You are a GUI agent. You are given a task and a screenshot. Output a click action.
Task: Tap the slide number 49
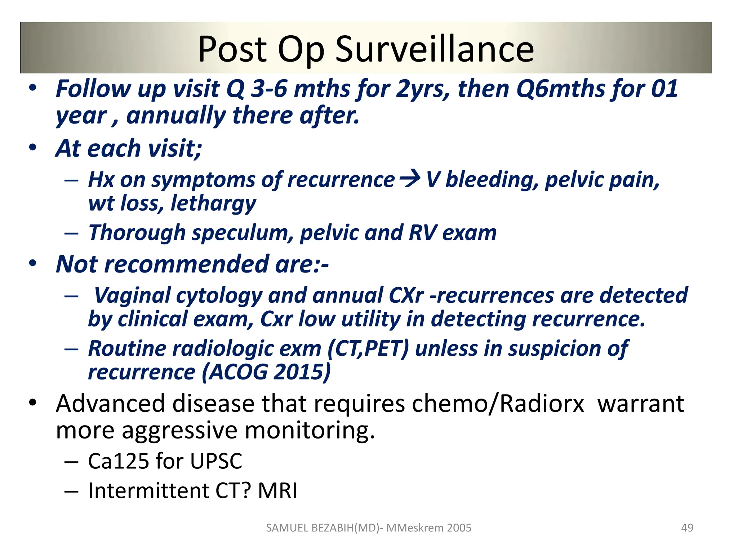point(687,527)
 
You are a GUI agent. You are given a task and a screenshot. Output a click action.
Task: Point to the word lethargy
point(213,204)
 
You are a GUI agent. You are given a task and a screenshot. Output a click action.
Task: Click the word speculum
point(243,233)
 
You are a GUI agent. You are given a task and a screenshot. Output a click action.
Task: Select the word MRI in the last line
point(277,490)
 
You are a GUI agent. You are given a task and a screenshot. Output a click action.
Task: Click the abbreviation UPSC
point(216,461)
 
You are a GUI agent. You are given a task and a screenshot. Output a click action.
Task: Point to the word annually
point(176,116)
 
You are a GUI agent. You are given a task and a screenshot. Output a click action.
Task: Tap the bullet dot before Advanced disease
point(33,403)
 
